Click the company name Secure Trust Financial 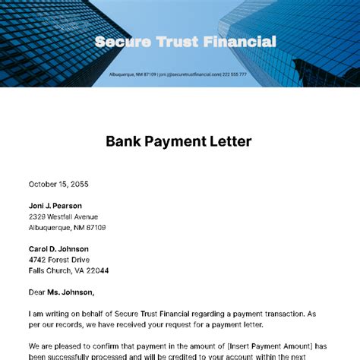pyautogui.click(x=185, y=42)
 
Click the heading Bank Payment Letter pyautogui.click(x=178, y=141)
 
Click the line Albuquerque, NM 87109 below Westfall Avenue pyautogui.click(x=67, y=227)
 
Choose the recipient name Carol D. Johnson pyautogui.click(x=58, y=249)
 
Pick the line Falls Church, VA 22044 pyautogui.click(x=68, y=270)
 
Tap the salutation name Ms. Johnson pyautogui.click(x=73, y=292)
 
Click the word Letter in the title pyautogui.click(x=232, y=141)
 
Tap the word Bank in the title pyautogui.click(x=123, y=141)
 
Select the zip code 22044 pyautogui.click(x=96, y=270)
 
